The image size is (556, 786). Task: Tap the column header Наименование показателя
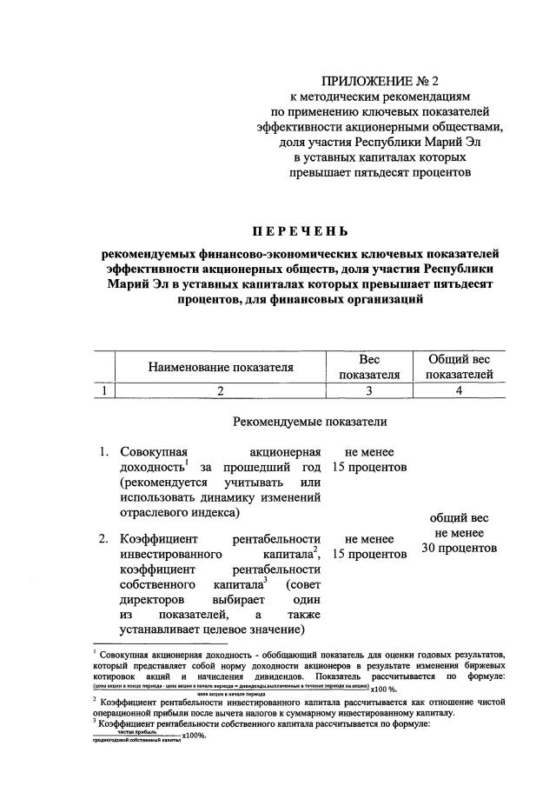coord(220,368)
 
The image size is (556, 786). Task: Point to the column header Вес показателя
coord(369,368)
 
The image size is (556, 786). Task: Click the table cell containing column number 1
coord(104,390)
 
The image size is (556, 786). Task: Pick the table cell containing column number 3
coord(369,390)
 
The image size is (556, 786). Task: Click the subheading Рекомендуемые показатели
coord(310,422)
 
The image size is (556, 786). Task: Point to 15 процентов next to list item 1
coord(369,468)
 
